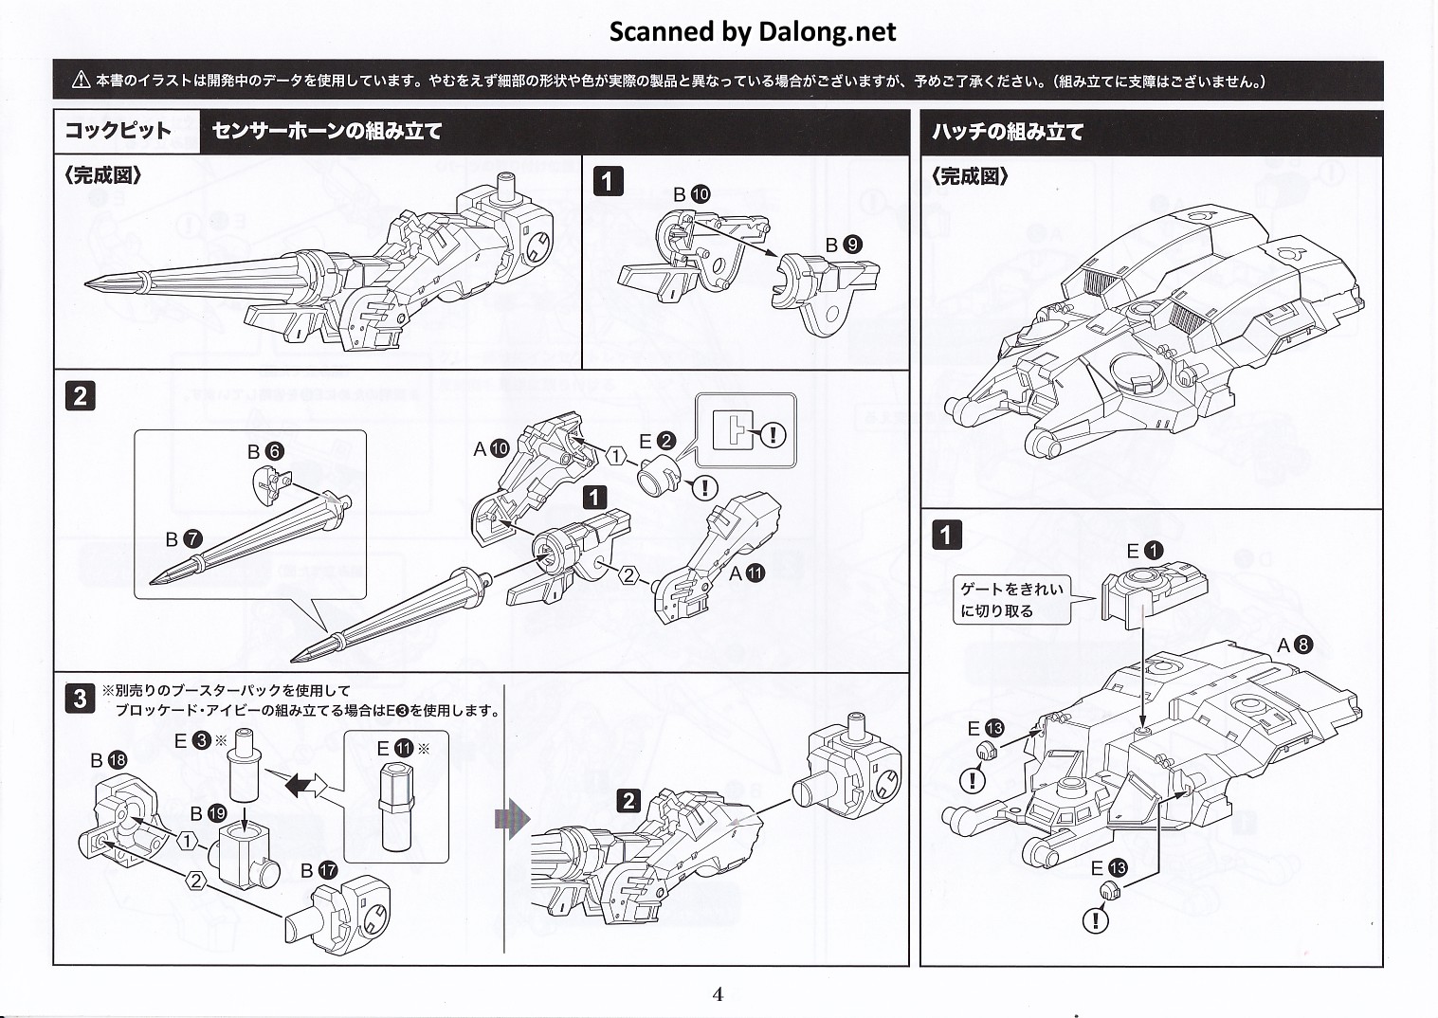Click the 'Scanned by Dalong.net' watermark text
752,32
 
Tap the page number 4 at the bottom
718,993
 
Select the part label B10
691,194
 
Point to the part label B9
843,245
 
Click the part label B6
265,451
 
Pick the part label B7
183,539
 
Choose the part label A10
492,448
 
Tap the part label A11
746,573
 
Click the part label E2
657,441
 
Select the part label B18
108,760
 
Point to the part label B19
208,813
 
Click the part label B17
319,870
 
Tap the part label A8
1294,645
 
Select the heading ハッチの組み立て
1008,132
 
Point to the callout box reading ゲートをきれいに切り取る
1011,600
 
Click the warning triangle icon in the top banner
82,82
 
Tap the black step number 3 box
80,699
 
